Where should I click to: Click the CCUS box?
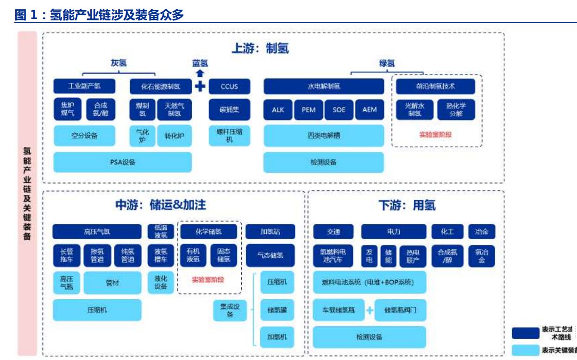[x=229, y=86]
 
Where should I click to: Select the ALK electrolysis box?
[x=278, y=110]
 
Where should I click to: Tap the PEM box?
[x=308, y=110]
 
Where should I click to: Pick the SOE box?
[x=339, y=110]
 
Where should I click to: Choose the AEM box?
[x=369, y=110]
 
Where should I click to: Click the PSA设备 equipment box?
[x=122, y=162]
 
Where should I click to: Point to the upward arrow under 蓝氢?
[x=200, y=73]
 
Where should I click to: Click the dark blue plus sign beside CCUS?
[x=200, y=86]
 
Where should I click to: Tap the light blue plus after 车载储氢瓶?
[x=370, y=310]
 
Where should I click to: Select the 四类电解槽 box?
[x=324, y=136]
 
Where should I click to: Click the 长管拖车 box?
[x=67, y=255]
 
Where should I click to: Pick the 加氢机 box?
[x=277, y=337]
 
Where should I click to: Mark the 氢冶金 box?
[x=482, y=255]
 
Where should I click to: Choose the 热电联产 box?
[x=413, y=255]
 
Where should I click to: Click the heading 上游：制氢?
[x=260, y=48]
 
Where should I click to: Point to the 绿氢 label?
[x=387, y=64]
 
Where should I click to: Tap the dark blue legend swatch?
[x=524, y=334]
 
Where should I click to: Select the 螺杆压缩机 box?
[x=229, y=136]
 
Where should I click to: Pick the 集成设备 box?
[x=230, y=311]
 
